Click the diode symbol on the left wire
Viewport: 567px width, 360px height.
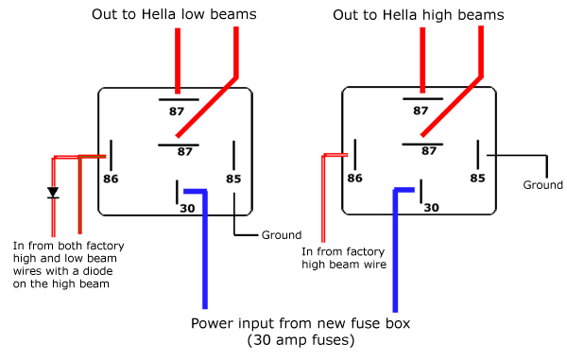point(53,193)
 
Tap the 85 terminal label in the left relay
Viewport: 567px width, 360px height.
point(233,178)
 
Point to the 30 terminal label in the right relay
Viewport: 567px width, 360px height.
point(430,205)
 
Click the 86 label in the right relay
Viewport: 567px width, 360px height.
point(355,177)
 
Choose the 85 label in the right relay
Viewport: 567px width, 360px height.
point(477,177)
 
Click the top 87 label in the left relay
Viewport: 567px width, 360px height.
point(177,111)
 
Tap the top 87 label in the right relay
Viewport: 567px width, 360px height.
point(421,111)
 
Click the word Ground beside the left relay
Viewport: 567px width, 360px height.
point(282,235)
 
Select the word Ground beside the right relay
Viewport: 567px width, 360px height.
point(542,185)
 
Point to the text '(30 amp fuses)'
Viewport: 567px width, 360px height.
point(301,339)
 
